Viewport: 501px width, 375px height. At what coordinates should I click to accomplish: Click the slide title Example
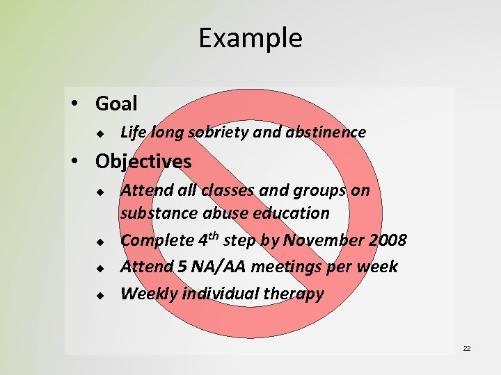point(250,37)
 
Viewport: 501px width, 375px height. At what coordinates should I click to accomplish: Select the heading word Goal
point(116,103)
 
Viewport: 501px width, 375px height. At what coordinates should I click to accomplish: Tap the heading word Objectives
point(143,162)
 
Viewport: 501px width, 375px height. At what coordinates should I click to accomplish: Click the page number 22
point(467,348)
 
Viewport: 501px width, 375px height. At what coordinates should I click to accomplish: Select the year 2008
point(384,240)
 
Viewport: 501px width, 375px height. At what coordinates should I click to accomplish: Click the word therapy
point(295,294)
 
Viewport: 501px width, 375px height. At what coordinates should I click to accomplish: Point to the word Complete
point(157,240)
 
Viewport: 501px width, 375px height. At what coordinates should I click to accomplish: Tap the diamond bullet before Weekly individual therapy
point(100,295)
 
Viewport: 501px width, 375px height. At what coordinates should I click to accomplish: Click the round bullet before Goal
point(83,104)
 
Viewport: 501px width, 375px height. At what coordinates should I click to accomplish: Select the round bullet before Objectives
point(83,162)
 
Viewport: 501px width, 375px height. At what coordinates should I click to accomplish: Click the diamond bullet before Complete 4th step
point(100,242)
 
